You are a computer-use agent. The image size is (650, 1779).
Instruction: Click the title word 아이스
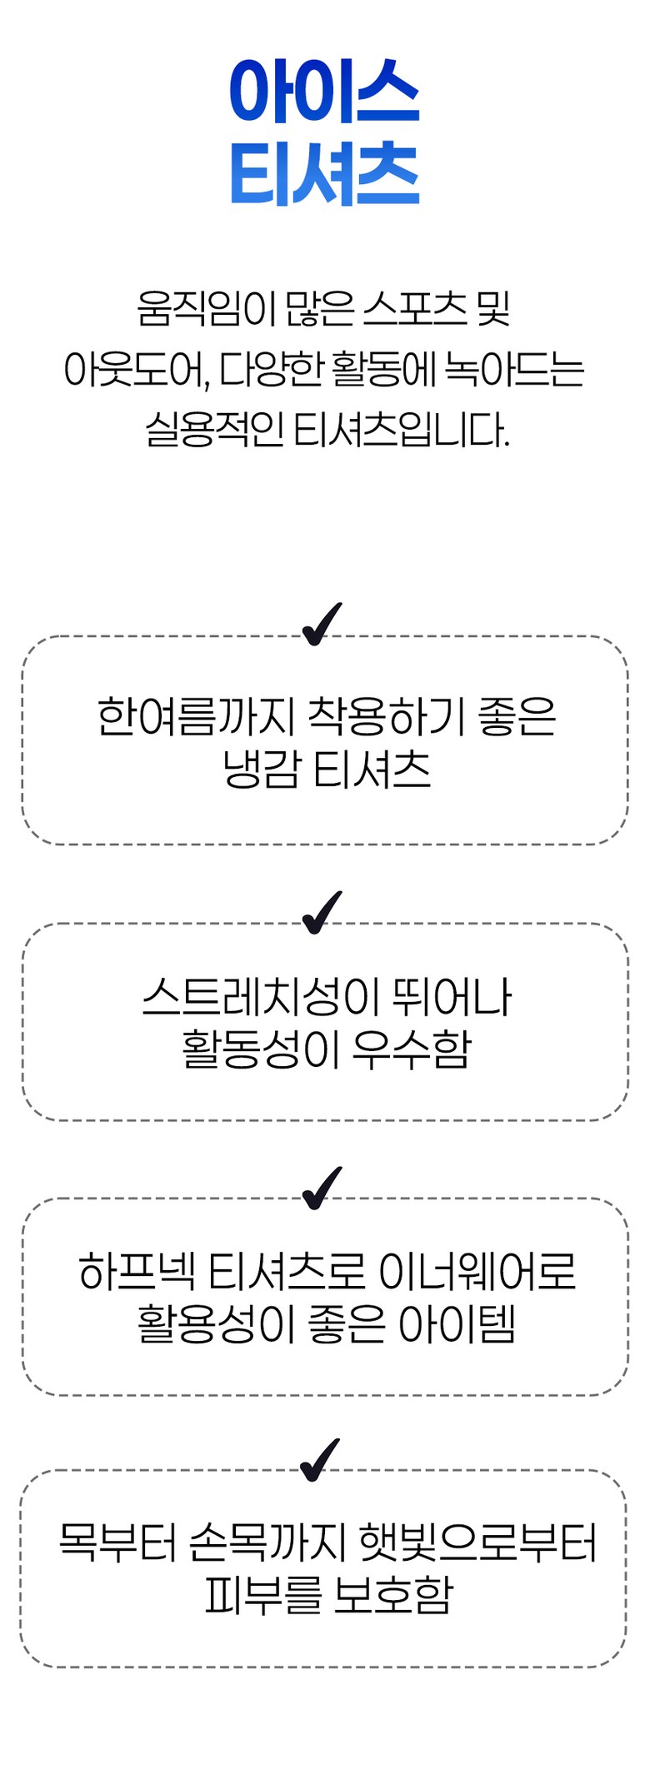324,91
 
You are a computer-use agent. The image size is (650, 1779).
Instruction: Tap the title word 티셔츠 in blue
324,175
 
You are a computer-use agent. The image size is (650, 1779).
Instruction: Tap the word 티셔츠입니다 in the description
401,430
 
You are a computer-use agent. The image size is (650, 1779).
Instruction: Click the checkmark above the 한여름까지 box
322,625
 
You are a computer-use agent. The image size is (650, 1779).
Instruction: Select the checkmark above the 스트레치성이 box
322,913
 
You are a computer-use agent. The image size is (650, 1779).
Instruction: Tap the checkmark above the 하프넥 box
322,1188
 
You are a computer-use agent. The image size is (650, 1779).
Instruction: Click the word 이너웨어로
477,1272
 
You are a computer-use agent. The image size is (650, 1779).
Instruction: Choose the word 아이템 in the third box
457,1324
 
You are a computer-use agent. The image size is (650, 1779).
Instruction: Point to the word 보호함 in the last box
392,1596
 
